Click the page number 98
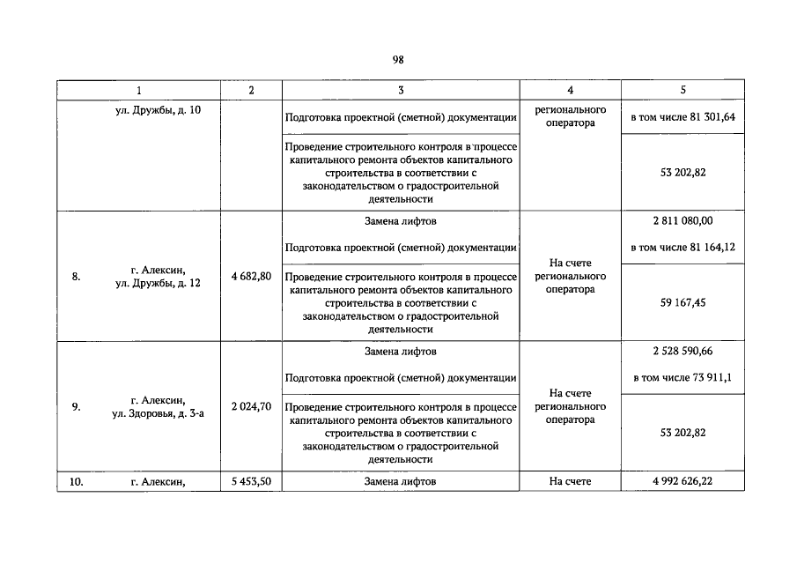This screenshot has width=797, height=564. [x=398, y=60]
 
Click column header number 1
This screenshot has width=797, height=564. [x=138, y=91]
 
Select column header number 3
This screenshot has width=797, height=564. [x=401, y=91]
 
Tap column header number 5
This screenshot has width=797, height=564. [x=683, y=91]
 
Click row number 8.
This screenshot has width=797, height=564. [x=77, y=276]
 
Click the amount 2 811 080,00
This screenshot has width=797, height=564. [x=683, y=221]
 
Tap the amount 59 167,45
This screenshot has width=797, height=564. [x=683, y=302]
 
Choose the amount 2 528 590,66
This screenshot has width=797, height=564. [x=683, y=351]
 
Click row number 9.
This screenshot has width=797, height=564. [x=77, y=406]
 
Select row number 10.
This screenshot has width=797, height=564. [x=77, y=481]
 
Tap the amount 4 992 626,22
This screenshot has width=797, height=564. [x=683, y=481]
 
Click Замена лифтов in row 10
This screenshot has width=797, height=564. [x=401, y=481]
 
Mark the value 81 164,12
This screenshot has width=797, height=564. [x=706, y=248]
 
